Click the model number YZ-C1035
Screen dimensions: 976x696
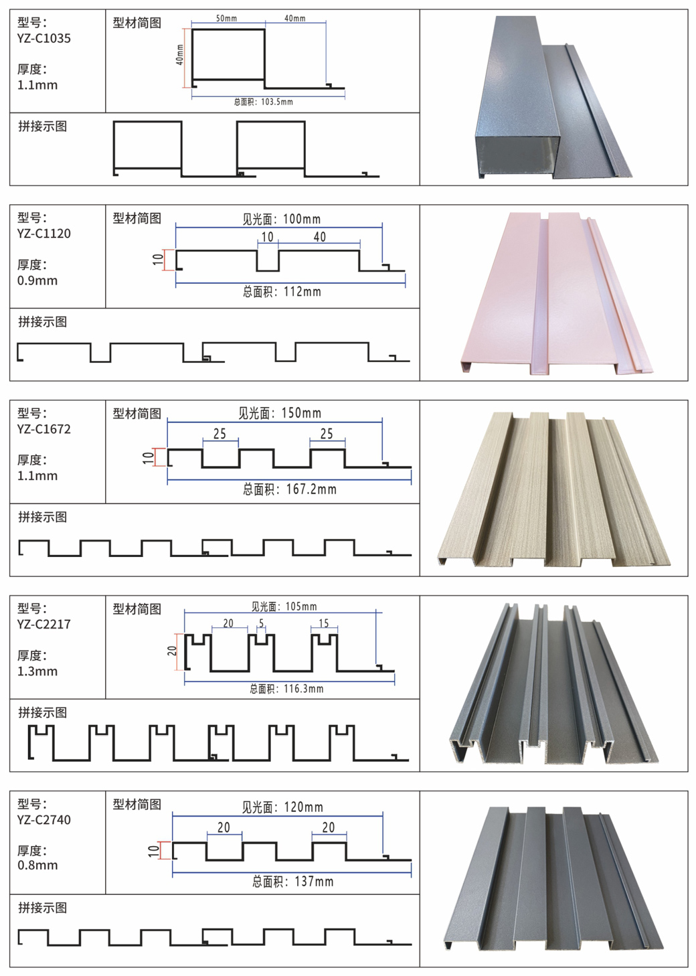(44, 38)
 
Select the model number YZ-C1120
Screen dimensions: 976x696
(44, 234)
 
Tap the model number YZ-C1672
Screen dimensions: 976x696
(44, 429)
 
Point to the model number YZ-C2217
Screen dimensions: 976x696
(44, 624)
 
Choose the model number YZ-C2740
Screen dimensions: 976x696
(44, 819)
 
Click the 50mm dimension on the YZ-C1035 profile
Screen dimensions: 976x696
(226, 19)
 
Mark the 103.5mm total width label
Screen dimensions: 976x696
(264, 102)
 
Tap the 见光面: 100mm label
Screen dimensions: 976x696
(281, 219)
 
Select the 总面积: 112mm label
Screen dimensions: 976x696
(282, 292)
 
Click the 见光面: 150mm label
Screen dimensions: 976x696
(280, 413)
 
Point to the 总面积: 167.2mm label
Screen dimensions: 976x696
(290, 489)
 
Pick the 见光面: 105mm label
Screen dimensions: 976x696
(284, 606)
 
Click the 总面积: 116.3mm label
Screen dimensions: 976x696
(286, 688)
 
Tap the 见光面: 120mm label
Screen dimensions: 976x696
(282, 807)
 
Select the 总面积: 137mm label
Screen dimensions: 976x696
(292, 882)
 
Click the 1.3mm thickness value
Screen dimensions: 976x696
(37, 671)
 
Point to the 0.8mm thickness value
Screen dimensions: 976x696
(37, 865)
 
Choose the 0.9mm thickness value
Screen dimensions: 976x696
(37, 280)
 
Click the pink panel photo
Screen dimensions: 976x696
(555, 293)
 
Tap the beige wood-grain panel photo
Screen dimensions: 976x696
(554, 489)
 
